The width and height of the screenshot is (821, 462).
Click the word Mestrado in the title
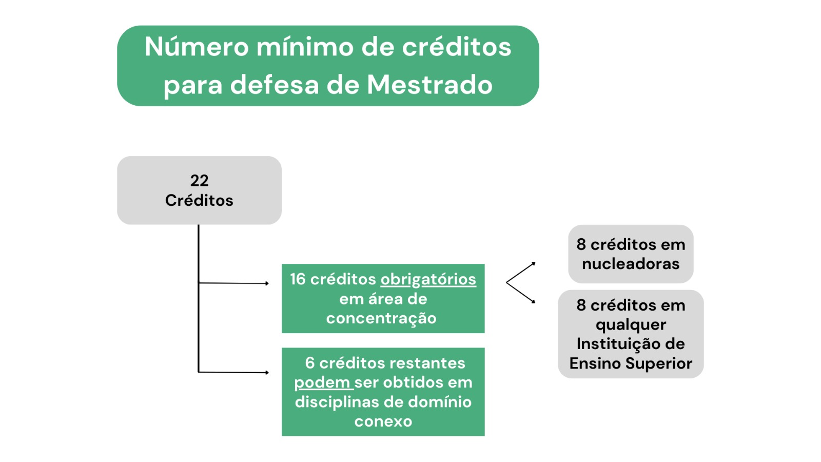tap(429, 85)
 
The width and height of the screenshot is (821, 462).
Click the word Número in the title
tap(197, 47)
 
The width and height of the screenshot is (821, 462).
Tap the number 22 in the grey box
tap(199, 180)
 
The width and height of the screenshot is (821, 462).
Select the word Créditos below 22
tap(199, 200)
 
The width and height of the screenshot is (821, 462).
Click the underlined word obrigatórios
tap(428, 279)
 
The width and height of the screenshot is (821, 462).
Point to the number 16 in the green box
tap(298, 279)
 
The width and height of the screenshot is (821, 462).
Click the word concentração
tap(381, 318)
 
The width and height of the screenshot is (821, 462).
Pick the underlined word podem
tap(322, 382)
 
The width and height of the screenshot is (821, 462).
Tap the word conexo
tap(383, 421)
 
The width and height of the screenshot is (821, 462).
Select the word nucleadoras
tap(631, 264)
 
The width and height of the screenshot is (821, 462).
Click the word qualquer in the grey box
tap(631, 325)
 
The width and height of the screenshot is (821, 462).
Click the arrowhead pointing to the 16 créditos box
tap(267, 283)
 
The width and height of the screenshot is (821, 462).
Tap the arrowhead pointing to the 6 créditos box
tap(267, 373)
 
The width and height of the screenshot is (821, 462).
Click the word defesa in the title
tap(275, 85)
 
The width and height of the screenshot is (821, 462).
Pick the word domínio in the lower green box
tap(441, 402)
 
